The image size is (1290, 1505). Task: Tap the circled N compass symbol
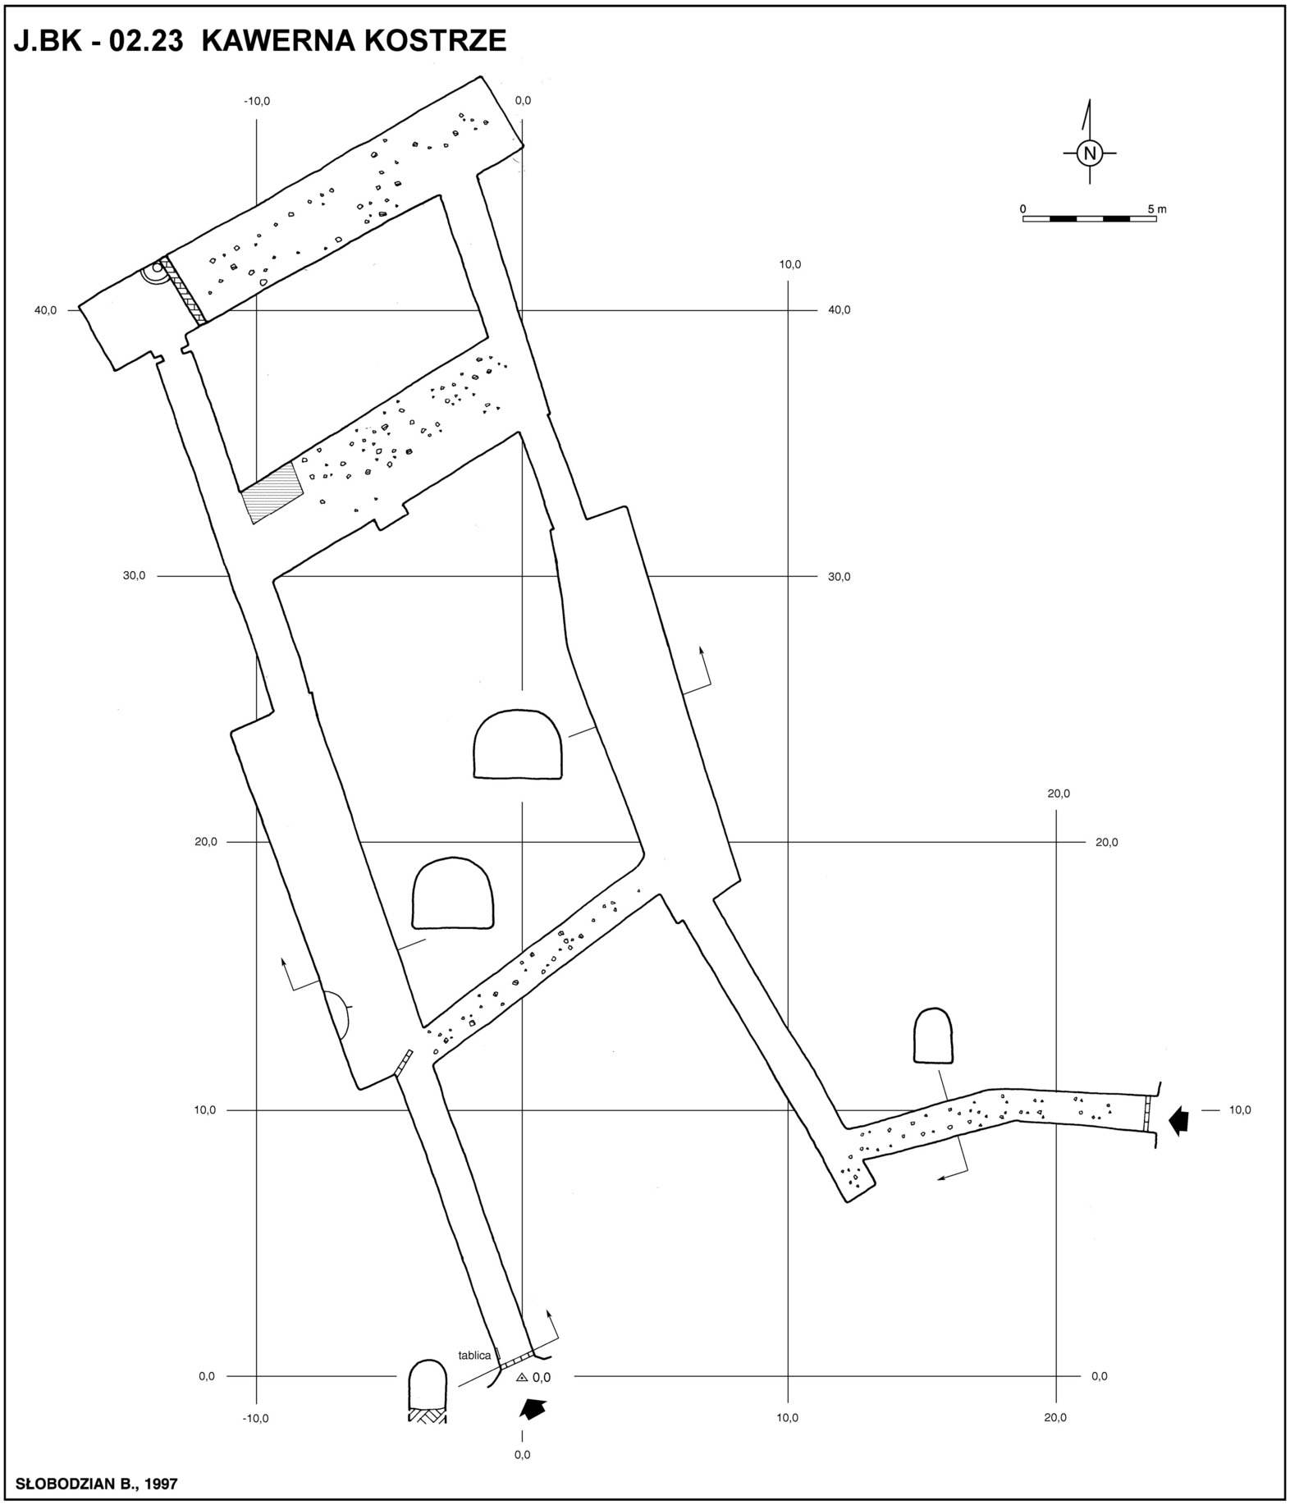coord(1090,153)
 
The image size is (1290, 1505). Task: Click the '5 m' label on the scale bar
coord(1156,209)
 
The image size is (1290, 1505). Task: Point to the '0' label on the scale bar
coord(1023,209)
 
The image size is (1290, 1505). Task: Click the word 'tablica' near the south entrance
coord(474,1355)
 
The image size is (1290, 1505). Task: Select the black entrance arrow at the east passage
coord(1179,1119)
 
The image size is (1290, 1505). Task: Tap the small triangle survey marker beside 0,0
coord(521,1378)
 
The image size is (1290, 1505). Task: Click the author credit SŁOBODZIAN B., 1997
coord(97,1484)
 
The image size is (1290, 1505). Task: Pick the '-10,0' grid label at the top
coord(257,102)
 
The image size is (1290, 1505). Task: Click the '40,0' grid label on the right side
coord(839,310)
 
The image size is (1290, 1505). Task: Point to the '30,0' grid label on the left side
coord(134,575)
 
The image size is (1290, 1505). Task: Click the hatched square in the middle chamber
coord(273,493)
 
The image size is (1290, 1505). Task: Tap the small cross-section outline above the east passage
coord(933,1036)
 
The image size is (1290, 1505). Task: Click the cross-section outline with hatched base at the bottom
coord(428,1391)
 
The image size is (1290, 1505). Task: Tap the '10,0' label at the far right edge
coord(1240,1110)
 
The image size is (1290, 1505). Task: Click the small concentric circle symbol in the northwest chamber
coord(157,269)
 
